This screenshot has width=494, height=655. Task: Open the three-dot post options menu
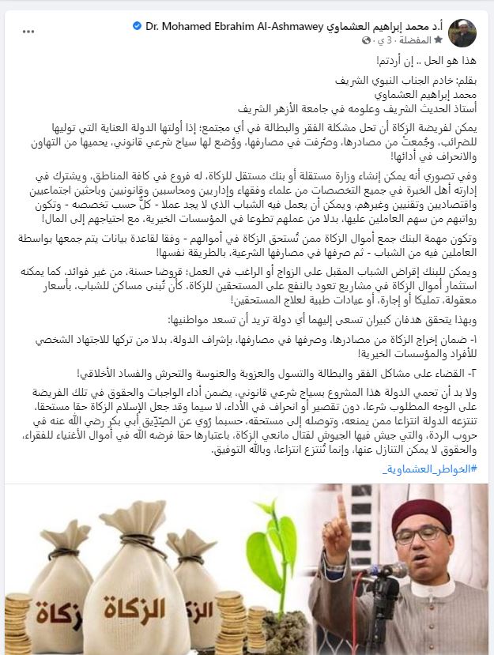[x=28, y=32]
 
